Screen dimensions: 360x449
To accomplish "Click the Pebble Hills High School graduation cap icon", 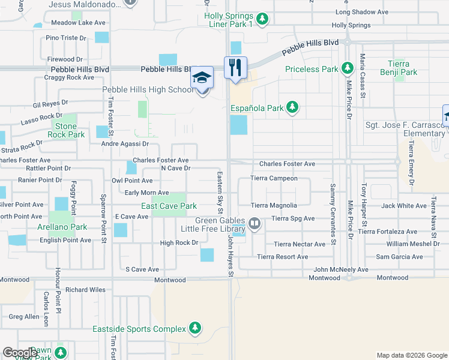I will pyautogui.click(x=202, y=78).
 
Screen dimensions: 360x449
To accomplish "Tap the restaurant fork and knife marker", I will pyautogui.click(x=236, y=67).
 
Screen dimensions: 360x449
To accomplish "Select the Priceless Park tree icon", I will pyautogui.click(x=346, y=69).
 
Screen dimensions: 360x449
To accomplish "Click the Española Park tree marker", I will pyautogui.click(x=292, y=108).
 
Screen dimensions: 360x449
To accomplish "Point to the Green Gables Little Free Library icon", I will pyautogui.click(x=255, y=224).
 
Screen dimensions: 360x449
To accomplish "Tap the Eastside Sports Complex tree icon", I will pyautogui.click(x=194, y=328).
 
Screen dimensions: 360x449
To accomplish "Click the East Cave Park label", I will pyautogui.click(x=169, y=206).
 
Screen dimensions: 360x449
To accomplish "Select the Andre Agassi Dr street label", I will pyautogui.click(x=124, y=144).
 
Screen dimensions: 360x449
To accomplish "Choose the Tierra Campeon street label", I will pyautogui.click(x=274, y=178).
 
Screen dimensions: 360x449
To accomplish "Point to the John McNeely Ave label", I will pyautogui.click(x=340, y=269).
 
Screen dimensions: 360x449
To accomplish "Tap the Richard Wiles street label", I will pyautogui.click(x=85, y=290).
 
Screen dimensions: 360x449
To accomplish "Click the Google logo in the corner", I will pyautogui.click(x=20, y=353).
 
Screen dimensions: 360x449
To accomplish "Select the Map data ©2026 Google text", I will pyautogui.click(x=411, y=355).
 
